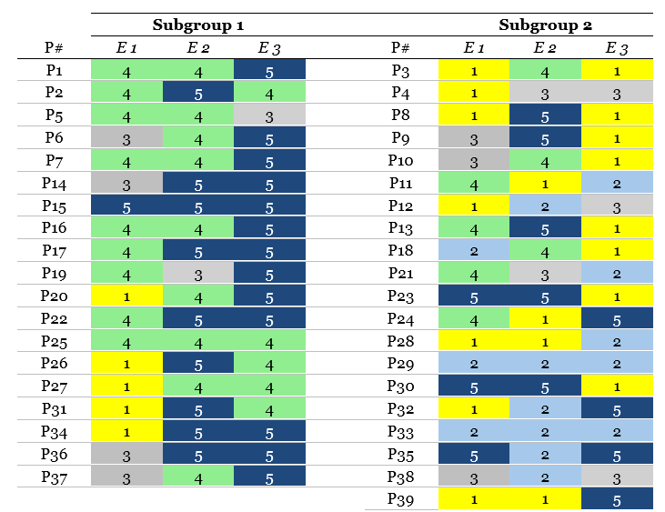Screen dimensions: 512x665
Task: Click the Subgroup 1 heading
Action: click(197, 25)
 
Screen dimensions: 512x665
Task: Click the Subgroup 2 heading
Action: click(546, 25)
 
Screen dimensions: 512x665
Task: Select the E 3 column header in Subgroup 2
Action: click(617, 48)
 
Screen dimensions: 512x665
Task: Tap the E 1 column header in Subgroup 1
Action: click(126, 48)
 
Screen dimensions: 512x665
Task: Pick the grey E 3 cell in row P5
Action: click(269, 115)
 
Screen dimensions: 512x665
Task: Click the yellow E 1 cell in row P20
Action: click(126, 296)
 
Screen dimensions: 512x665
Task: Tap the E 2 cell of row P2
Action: click(198, 93)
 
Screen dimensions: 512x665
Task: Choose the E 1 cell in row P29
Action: click(474, 363)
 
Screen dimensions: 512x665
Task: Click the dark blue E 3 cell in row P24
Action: click(617, 318)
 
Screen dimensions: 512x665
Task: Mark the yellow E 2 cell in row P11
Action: click(545, 183)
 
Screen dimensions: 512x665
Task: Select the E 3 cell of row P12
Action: click(617, 206)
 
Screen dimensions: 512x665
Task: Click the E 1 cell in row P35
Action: click(474, 454)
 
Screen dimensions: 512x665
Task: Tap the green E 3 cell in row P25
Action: click(269, 341)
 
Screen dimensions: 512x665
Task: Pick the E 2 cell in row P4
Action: click(545, 93)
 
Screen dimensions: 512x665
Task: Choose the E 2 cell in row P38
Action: click(545, 477)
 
